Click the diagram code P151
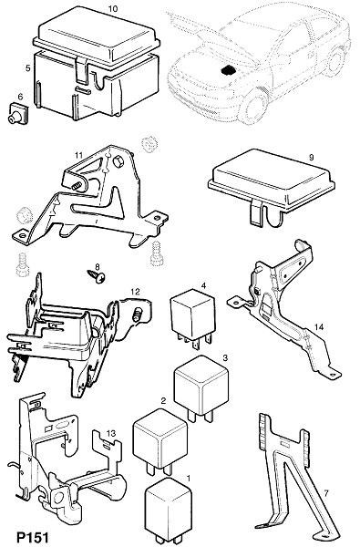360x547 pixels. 33,537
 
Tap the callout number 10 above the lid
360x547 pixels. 113,9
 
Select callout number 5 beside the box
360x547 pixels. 28,68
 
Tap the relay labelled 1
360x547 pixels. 170,509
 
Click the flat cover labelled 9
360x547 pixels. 272,187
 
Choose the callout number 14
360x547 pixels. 319,327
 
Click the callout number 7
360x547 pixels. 326,493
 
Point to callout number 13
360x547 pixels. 111,433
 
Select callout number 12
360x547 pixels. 135,292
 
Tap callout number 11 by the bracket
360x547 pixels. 79,154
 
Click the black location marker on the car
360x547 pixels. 228,70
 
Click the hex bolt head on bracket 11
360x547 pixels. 118,160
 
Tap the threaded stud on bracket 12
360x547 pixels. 138,313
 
